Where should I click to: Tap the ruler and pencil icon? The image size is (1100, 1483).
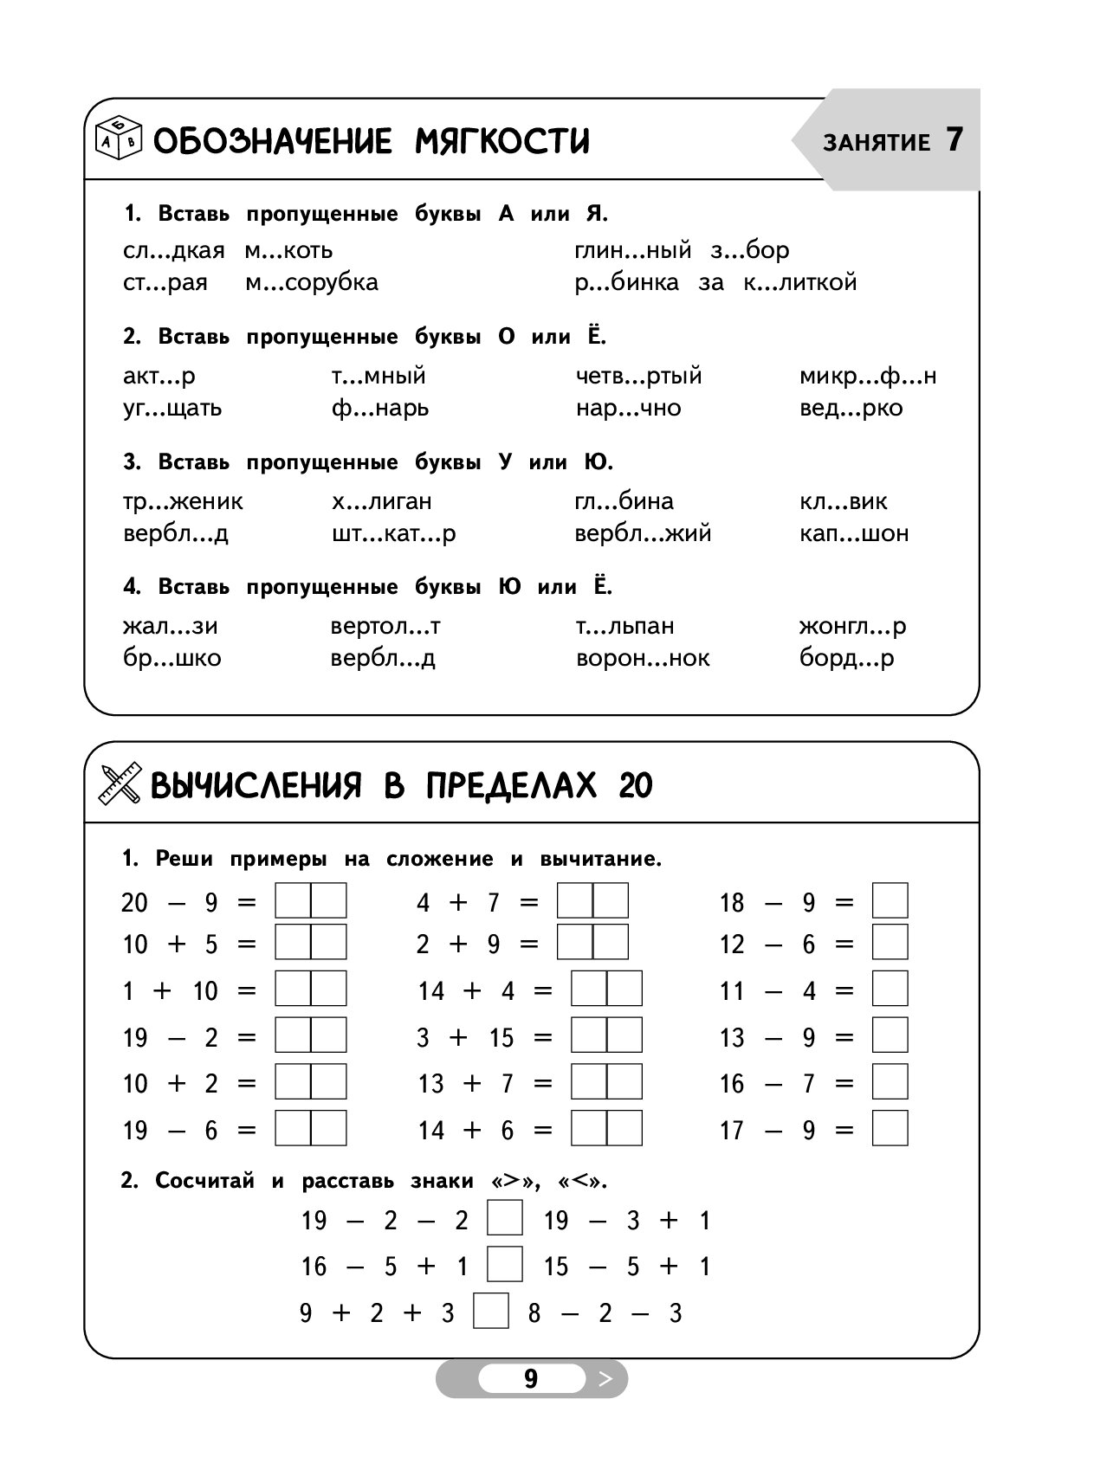(x=120, y=784)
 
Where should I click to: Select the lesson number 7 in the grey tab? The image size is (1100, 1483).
(x=954, y=139)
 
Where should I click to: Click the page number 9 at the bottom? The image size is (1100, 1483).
(x=531, y=1379)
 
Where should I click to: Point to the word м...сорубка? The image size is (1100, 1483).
(x=311, y=283)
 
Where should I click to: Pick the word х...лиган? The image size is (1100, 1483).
(x=381, y=501)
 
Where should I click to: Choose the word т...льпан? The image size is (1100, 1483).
(x=624, y=626)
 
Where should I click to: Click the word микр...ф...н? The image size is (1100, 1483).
(x=868, y=377)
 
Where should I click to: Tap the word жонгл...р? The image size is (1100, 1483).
(x=852, y=626)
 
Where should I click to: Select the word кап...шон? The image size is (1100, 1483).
(x=854, y=533)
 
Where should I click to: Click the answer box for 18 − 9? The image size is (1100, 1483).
(x=890, y=900)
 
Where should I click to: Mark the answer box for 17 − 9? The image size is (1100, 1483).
(x=890, y=1128)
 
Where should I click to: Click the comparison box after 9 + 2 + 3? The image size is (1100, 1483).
(x=491, y=1311)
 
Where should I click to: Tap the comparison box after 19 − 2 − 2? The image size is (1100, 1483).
(x=505, y=1218)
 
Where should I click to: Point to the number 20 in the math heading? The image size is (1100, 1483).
(x=636, y=785)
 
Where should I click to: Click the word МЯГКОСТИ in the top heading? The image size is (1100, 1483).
(x=502, y=140)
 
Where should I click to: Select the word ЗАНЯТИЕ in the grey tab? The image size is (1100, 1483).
(x=877, y=143)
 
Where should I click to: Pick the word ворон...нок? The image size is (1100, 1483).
(x=643, y=659)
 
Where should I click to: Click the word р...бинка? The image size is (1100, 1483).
(x=626, y=283)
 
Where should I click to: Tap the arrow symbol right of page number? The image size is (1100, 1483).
(x=605, y=1379)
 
